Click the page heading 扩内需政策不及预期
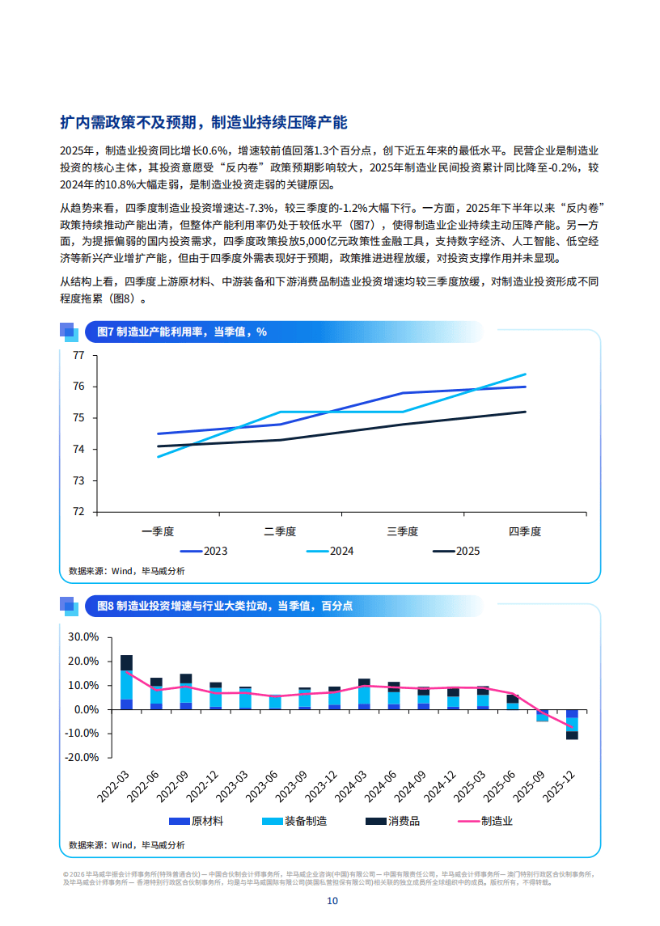[x=203, y=123]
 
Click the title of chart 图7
[x=181, y=332]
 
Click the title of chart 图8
[x=224, y=605]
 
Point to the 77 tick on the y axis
[x=78, y=355]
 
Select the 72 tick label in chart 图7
[x=78, y=512]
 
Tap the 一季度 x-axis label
[x=158, y=531]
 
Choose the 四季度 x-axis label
[x=524, y=531]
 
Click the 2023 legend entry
[x=203, y=552]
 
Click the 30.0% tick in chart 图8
[x=83, y=637]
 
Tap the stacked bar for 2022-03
[x=126, y=682]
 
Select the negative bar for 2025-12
[x=572, y=724]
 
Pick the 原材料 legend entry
[x=196, y=822]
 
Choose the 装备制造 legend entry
[x=294, y=822]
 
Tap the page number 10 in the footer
[x=332, y=902]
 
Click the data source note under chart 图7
[x=126, y=571]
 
